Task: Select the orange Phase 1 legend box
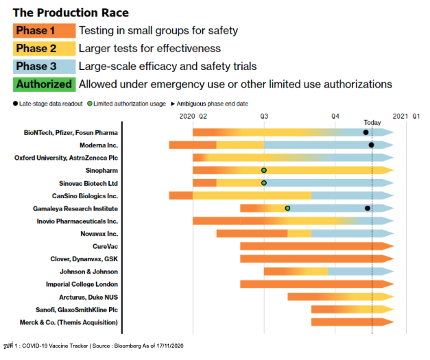pyautogui.click(x=43, y=30)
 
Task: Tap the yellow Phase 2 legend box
pyautogui.click(x=43, y=48)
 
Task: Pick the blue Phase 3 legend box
pyautogui.click(x=43, y=67)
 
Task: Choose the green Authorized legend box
pyautogui.click(x=43, y=84)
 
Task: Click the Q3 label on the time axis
pyautogui.click(x=264, y=117)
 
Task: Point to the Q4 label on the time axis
pyautogui.click(x=335, y=117)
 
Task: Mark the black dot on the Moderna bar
pyautogui.click(x=371, y=145)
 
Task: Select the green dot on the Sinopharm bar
pyautogui.click(x=264, y=170)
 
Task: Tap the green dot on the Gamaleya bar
pyautogui.click(x=288, y=208)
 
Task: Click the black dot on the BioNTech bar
pyautogui.click(x=366, y=132)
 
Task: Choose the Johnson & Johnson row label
pyautogui.click(x=88, y=272)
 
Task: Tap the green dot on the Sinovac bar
pyautogui.click(x=264, y=183)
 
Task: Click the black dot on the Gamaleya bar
pyautogui.click(x=368, y=208)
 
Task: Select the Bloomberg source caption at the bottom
pyautogui.click(x=94, y=346)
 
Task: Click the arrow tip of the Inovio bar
pyautogui.click(x=392, y=221)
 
